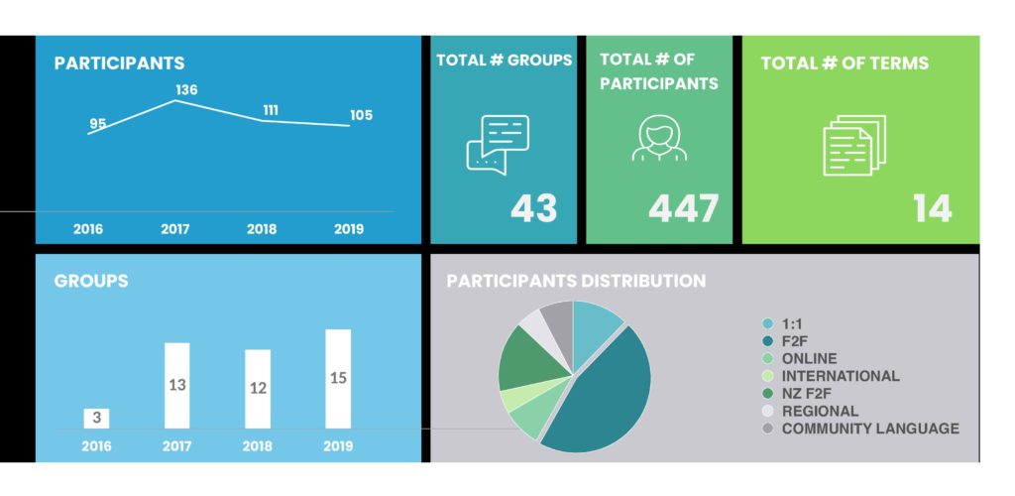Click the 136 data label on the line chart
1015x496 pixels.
coord(186,90)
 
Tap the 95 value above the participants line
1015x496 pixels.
coord(98,124)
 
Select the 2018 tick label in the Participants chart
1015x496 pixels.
coord(262,229)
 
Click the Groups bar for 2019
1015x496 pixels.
coord(338,379)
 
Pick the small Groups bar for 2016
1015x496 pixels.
coord(96,419)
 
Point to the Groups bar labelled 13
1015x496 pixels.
coord(177,385)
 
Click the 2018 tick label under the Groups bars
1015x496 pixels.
coord(258,446)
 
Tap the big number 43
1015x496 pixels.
coord(533,209)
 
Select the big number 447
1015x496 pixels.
coord(683,209)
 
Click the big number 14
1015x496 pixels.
coord(932,209)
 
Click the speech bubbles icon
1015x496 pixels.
coord(498,145)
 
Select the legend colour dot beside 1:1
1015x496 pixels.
coord(767,323)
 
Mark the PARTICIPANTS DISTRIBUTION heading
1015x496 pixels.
coord(576,281)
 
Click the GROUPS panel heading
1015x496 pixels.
coord(90,281)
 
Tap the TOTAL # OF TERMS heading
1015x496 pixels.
coord(845,62)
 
